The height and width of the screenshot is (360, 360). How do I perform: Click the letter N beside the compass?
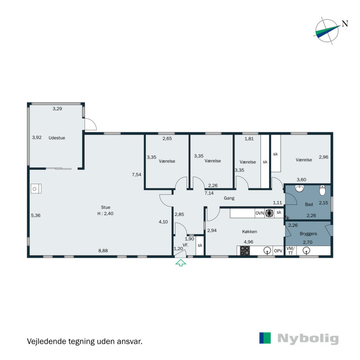345,24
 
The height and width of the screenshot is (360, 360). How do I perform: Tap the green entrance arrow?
180,263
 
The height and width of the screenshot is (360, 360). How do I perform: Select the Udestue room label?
57,138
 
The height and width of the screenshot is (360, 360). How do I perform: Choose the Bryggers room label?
308,234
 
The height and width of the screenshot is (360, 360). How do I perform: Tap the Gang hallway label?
229,198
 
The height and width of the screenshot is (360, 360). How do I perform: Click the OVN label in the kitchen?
260,213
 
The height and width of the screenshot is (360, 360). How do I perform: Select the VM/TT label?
290,251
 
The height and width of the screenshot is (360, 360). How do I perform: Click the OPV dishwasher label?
279,251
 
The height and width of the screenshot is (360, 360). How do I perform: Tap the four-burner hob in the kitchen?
245,251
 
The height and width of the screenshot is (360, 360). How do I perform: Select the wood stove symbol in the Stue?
36,188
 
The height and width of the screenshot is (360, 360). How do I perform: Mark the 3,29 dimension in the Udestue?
58,108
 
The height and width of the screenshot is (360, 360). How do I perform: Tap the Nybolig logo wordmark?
308,338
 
